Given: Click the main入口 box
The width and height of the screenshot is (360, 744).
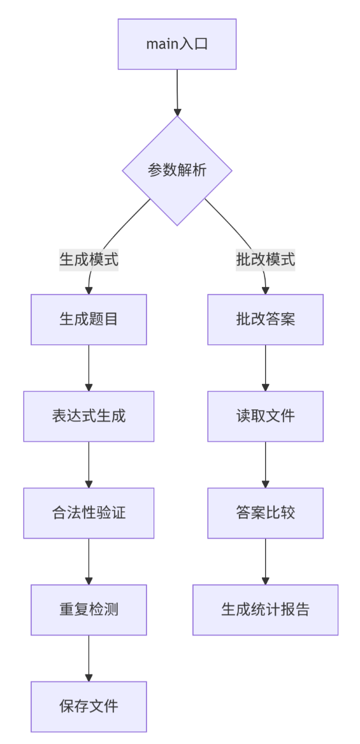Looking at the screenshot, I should tap(177, 44).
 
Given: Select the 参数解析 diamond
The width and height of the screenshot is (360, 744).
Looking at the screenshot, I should tap(177, 171).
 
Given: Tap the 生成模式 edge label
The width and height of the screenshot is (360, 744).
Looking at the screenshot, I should tap(89, 260).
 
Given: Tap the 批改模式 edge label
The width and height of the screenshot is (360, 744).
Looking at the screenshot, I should tap(265, 260).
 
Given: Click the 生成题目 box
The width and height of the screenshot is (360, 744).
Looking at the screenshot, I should tap(89, 319).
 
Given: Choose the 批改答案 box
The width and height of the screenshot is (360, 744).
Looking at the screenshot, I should tap(265, 319).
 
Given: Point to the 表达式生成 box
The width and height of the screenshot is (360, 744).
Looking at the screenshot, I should tap(89, 416).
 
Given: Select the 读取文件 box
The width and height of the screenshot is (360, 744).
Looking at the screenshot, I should tap(265, 416).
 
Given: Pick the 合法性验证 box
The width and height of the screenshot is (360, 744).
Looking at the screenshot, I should tap(89, 513).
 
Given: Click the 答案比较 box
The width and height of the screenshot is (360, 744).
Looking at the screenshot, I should tap(265, 513).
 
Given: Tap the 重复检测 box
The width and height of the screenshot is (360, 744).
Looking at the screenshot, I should tap(89, 610).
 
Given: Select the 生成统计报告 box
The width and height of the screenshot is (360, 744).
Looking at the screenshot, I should tap(265, 610).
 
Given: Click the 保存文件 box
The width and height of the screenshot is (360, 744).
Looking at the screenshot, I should tap(89, 706).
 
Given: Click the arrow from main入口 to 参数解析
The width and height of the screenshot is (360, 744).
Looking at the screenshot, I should tap(177, 92).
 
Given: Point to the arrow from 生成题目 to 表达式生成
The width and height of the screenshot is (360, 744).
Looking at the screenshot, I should tap(89, 368).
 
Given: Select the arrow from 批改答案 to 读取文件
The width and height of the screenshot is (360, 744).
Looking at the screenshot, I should tap(265, 368).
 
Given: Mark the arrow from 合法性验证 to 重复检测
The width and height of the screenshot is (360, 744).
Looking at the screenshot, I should tap(89, 562).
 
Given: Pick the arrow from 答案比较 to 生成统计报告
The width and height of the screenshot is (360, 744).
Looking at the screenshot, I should tap(265, 562).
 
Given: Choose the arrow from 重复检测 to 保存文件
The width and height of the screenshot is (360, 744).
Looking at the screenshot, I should tap(89, 659).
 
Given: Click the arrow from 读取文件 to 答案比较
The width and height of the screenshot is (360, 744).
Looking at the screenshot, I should tap(265, 465).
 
